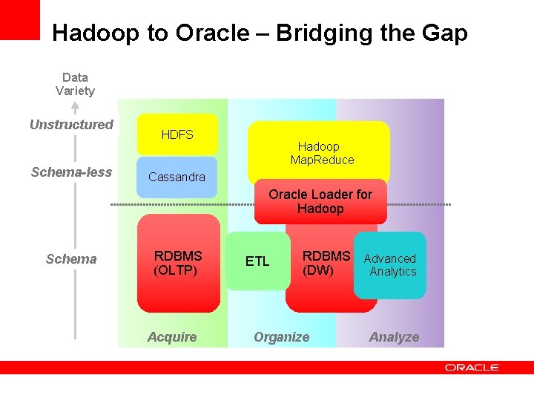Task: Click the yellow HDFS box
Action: click(x=177, y=134)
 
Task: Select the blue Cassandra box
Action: click(x=177, y=177)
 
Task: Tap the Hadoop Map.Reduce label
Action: click(x=322, y=153)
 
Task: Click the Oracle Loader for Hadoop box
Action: click(x=320, y=201)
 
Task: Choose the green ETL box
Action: click(x=257, y=261)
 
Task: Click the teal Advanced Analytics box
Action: click(x=390, y=265)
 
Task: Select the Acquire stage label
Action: click(x=172, y=337)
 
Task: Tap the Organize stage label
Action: click(x=282, y=337)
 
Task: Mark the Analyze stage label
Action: click(x=394, y=337)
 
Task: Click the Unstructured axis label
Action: click(x=71, y=125)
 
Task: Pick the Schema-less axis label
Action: click(x=71, y=172)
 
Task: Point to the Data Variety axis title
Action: click(x=75, y=84)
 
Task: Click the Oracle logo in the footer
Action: click(x=472, y=367)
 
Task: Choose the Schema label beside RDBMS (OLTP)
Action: click(x=71, y=259)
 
